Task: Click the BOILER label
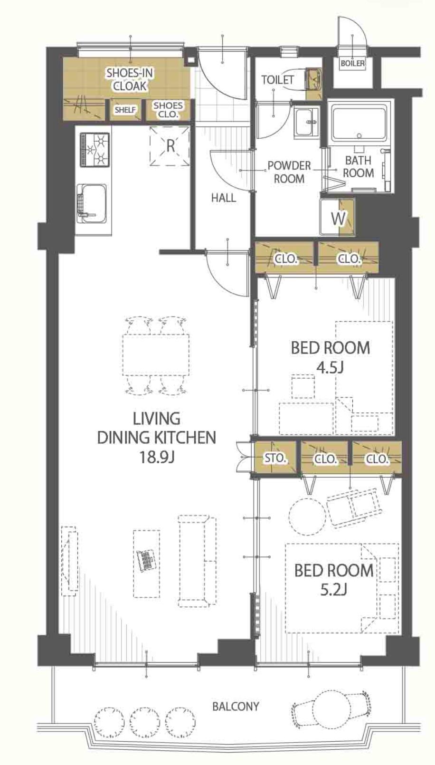[353, 63]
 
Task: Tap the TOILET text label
[278, 80]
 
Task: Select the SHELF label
[125, 110]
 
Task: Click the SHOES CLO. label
[168, 110]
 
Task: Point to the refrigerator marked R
[170, 146]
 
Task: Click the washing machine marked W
[337, 217]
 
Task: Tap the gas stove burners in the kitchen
[95, 150]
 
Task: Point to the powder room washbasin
[307, 123]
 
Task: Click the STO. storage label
[275, 458]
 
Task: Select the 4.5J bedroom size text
[330, 368]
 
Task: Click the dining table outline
[156, 354]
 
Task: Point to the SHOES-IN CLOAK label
[130, 79]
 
